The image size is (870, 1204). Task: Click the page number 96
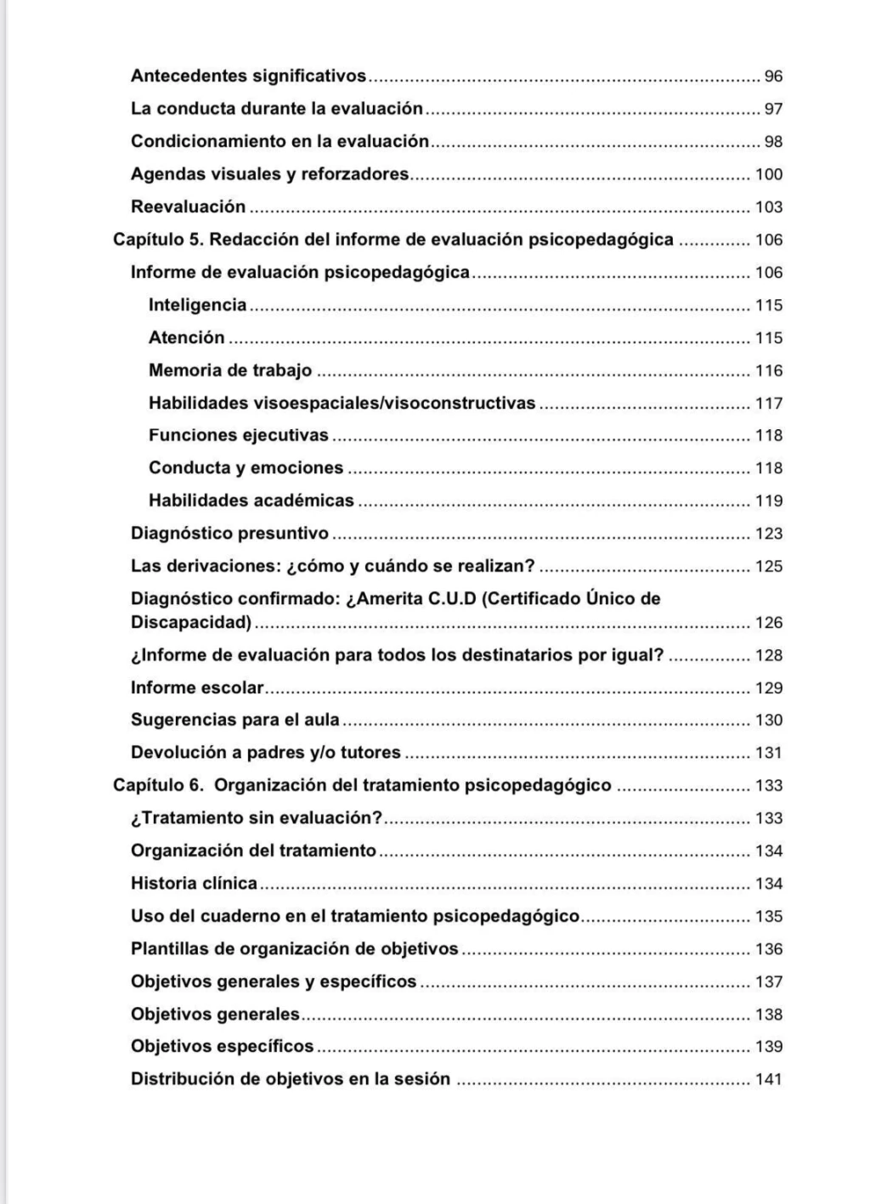click(773, 76)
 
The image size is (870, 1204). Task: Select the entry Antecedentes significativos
click(248, 76)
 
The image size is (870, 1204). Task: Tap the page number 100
click(769, 175)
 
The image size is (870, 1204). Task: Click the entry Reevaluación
click(188, 206)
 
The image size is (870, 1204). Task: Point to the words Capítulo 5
click(157, 240)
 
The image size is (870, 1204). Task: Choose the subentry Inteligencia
click(197, 305)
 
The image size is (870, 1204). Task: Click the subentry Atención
click(186, 337)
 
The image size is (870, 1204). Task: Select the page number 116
click(769, 370)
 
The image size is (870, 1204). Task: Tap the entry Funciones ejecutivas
click(238, 435)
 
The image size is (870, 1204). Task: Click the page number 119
click(769, 501)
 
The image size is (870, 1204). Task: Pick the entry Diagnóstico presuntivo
click(229, 534)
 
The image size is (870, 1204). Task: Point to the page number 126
click(769, 623)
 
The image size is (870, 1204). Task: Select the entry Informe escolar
click(197, 687)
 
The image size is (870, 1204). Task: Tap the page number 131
click(769, 753)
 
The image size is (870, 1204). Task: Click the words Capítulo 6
click(157, 785)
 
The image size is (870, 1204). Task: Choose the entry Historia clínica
click(194, 884)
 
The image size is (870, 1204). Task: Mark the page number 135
click(769, 917)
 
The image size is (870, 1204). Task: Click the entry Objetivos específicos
click(222, 1047)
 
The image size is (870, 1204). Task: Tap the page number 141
click(769, 1080)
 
